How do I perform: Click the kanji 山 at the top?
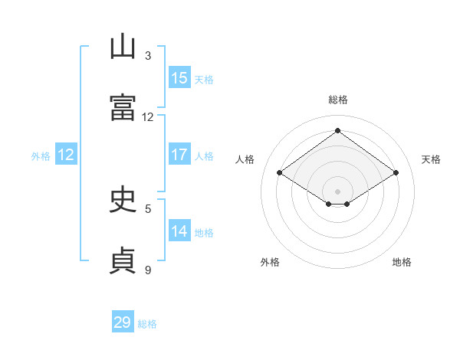[x=123, y=46]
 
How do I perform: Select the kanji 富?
[x=123, y=107]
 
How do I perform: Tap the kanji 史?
[x=123, y=198]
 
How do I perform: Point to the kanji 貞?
[x=123, y=260]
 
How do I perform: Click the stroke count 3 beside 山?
[x=148, y=56]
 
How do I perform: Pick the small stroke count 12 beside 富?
[x=147, y=117]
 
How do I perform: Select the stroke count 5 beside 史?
[x=148, y=209]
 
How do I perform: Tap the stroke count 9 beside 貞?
[x=148, y=270]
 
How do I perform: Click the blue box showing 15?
[x=179, y=77]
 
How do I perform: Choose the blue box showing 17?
[x=179, y=154]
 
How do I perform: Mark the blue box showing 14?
[x=179, y=230]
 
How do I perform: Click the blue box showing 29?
[x=123, y=321]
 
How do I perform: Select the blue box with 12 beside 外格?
[x=66, y=154]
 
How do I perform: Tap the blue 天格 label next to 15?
[x=204, y=80]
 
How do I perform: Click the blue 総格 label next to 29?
[x=147, y=324]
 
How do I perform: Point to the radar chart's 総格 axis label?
[x=338, y=100]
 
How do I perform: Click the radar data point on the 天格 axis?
[x=396, y=172]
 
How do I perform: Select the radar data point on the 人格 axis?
[x=280, y=172]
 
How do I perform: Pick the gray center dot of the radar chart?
[x=337, y=191]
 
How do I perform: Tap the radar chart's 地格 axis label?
[x=402, y=262]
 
